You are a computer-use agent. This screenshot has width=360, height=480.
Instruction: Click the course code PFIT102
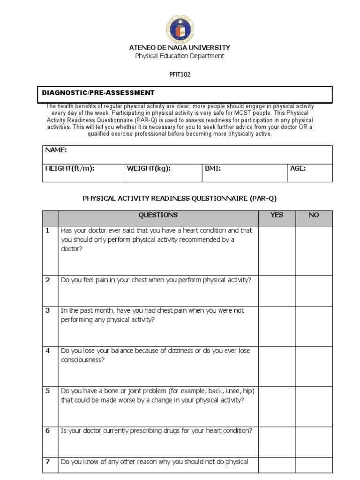click(x=180, y=74)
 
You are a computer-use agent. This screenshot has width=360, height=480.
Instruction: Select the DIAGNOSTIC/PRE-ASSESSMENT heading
click(x=98, y=93)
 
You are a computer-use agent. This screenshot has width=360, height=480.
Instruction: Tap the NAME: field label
click(x=56, y=150)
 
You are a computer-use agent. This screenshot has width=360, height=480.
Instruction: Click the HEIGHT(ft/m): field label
click(x=70, y=168)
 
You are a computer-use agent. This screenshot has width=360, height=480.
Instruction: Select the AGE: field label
click(x=298, y=168)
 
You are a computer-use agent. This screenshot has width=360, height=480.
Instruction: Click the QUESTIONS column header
click(x=158, y=215)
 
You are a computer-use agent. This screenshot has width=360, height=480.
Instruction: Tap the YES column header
click(x=277, y=215)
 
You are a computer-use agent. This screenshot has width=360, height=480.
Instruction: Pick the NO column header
click(x=314, y=215)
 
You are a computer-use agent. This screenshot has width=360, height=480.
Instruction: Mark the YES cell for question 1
click(x=277, y=250)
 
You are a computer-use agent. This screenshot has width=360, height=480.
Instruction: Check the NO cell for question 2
click(x=314, y=291)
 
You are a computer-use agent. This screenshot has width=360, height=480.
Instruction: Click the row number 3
click(x=47, y=310)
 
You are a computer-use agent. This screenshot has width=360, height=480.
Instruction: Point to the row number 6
click(x=47, y=431)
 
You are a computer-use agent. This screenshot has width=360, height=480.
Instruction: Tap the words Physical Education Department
click(x=180, y=56)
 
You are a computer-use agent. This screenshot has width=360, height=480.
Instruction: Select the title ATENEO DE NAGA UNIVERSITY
click(x=180, y=47)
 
